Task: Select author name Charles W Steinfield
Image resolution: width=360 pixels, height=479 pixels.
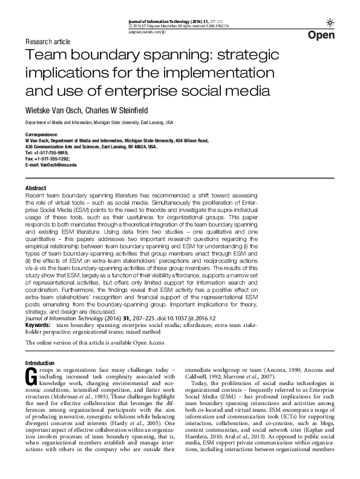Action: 127,110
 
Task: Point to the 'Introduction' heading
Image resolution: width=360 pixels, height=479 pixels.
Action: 40,363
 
